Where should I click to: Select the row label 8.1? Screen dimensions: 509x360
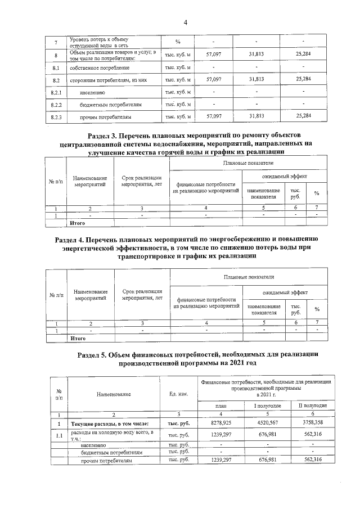pos(55,67)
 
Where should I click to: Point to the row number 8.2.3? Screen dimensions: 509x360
pos(55,117)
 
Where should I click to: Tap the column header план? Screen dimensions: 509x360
pos(221,406)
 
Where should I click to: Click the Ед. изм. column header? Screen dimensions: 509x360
pos(178,394)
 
